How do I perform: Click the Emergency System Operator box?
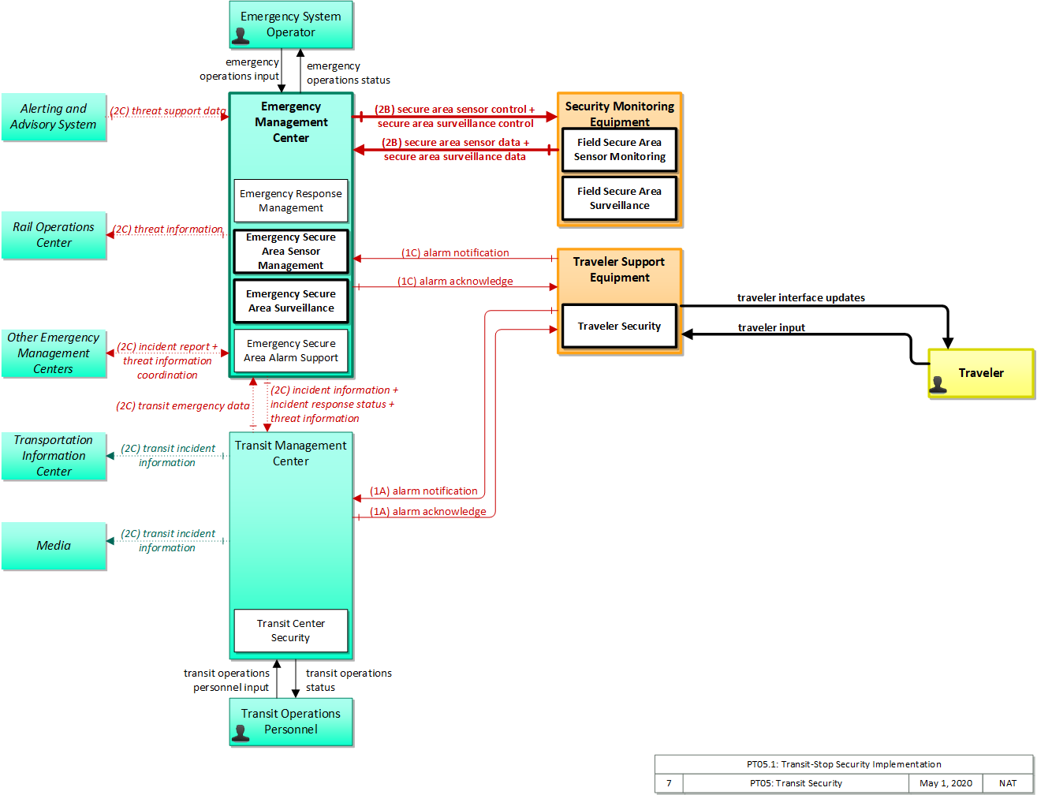coord(291,24)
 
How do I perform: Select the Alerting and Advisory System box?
coord(54,117)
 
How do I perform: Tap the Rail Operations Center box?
coord(54,235)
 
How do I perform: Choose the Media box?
coord(54,546)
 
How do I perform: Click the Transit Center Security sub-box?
coord(291,630)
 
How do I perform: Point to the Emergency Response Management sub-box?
coord(291,201)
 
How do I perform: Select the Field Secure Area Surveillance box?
coord(619,198)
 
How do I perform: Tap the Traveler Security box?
coord(619,326)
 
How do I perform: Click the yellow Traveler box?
coord(981,373)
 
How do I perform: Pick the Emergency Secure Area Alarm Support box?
coord(291,351)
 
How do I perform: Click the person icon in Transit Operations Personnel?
coord(241,733)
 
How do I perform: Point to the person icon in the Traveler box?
coord(938,385)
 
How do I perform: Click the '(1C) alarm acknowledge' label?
coord(455,281)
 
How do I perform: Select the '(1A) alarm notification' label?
coord(423,491)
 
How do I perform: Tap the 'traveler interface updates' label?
coord(800,298)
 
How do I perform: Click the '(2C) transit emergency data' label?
coord(183,405)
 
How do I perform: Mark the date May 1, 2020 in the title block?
coord(946,783)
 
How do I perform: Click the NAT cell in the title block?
coord(1007,783)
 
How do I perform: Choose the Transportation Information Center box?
coord(54,456)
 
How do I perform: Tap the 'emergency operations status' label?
coord(349,73)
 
